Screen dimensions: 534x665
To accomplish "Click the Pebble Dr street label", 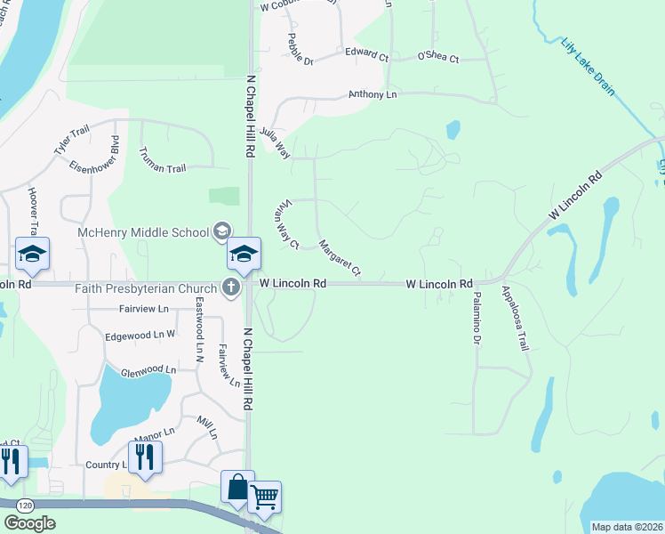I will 301,50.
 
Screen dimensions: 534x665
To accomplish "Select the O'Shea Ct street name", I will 437,59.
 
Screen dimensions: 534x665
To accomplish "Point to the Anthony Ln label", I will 373,93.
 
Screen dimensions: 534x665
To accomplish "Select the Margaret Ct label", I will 340,257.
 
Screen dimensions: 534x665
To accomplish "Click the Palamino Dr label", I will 477,317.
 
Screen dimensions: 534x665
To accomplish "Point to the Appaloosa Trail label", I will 515,318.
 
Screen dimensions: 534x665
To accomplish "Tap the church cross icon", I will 231,287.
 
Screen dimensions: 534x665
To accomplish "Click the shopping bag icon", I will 237,487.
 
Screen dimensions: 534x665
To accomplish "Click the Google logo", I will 29,523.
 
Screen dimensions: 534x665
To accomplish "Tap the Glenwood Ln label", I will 148,369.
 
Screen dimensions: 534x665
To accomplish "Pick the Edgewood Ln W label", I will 140,336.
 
